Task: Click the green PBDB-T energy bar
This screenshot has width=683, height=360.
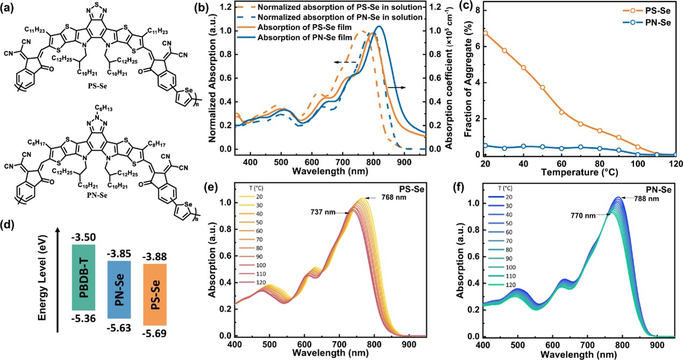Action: pyautogui.click(x=83, y=277)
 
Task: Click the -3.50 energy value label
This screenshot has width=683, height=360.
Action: pyautogui.click(x=83, y=236)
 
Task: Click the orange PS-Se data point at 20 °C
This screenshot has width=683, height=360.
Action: pyautogui.click(x=485, y=33)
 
